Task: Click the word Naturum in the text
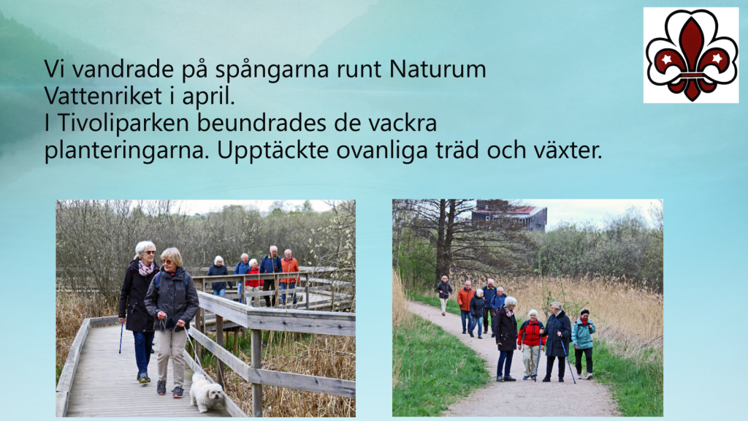438,69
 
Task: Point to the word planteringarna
127,151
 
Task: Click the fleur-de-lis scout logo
691,55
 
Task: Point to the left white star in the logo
666,59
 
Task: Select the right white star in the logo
716,58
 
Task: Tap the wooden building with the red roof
508,215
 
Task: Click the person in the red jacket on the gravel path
530,344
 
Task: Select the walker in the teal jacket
583,344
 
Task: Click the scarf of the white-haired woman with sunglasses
145,268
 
